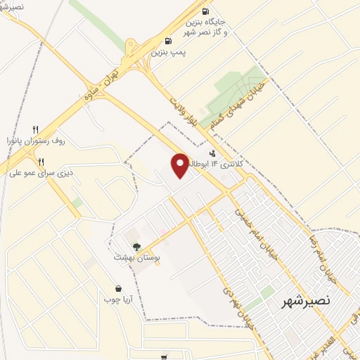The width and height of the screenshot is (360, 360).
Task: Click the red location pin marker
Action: tap(180, 165)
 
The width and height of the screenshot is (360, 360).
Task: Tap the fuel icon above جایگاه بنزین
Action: tap(205, 11)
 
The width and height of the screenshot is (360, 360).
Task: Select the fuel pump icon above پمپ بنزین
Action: tap(167, 41)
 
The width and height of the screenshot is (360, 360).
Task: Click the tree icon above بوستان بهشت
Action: tap(136, 246)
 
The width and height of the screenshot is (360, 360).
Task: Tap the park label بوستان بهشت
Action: tap(138, 258)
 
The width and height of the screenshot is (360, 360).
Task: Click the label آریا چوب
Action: tap(119, 300)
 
